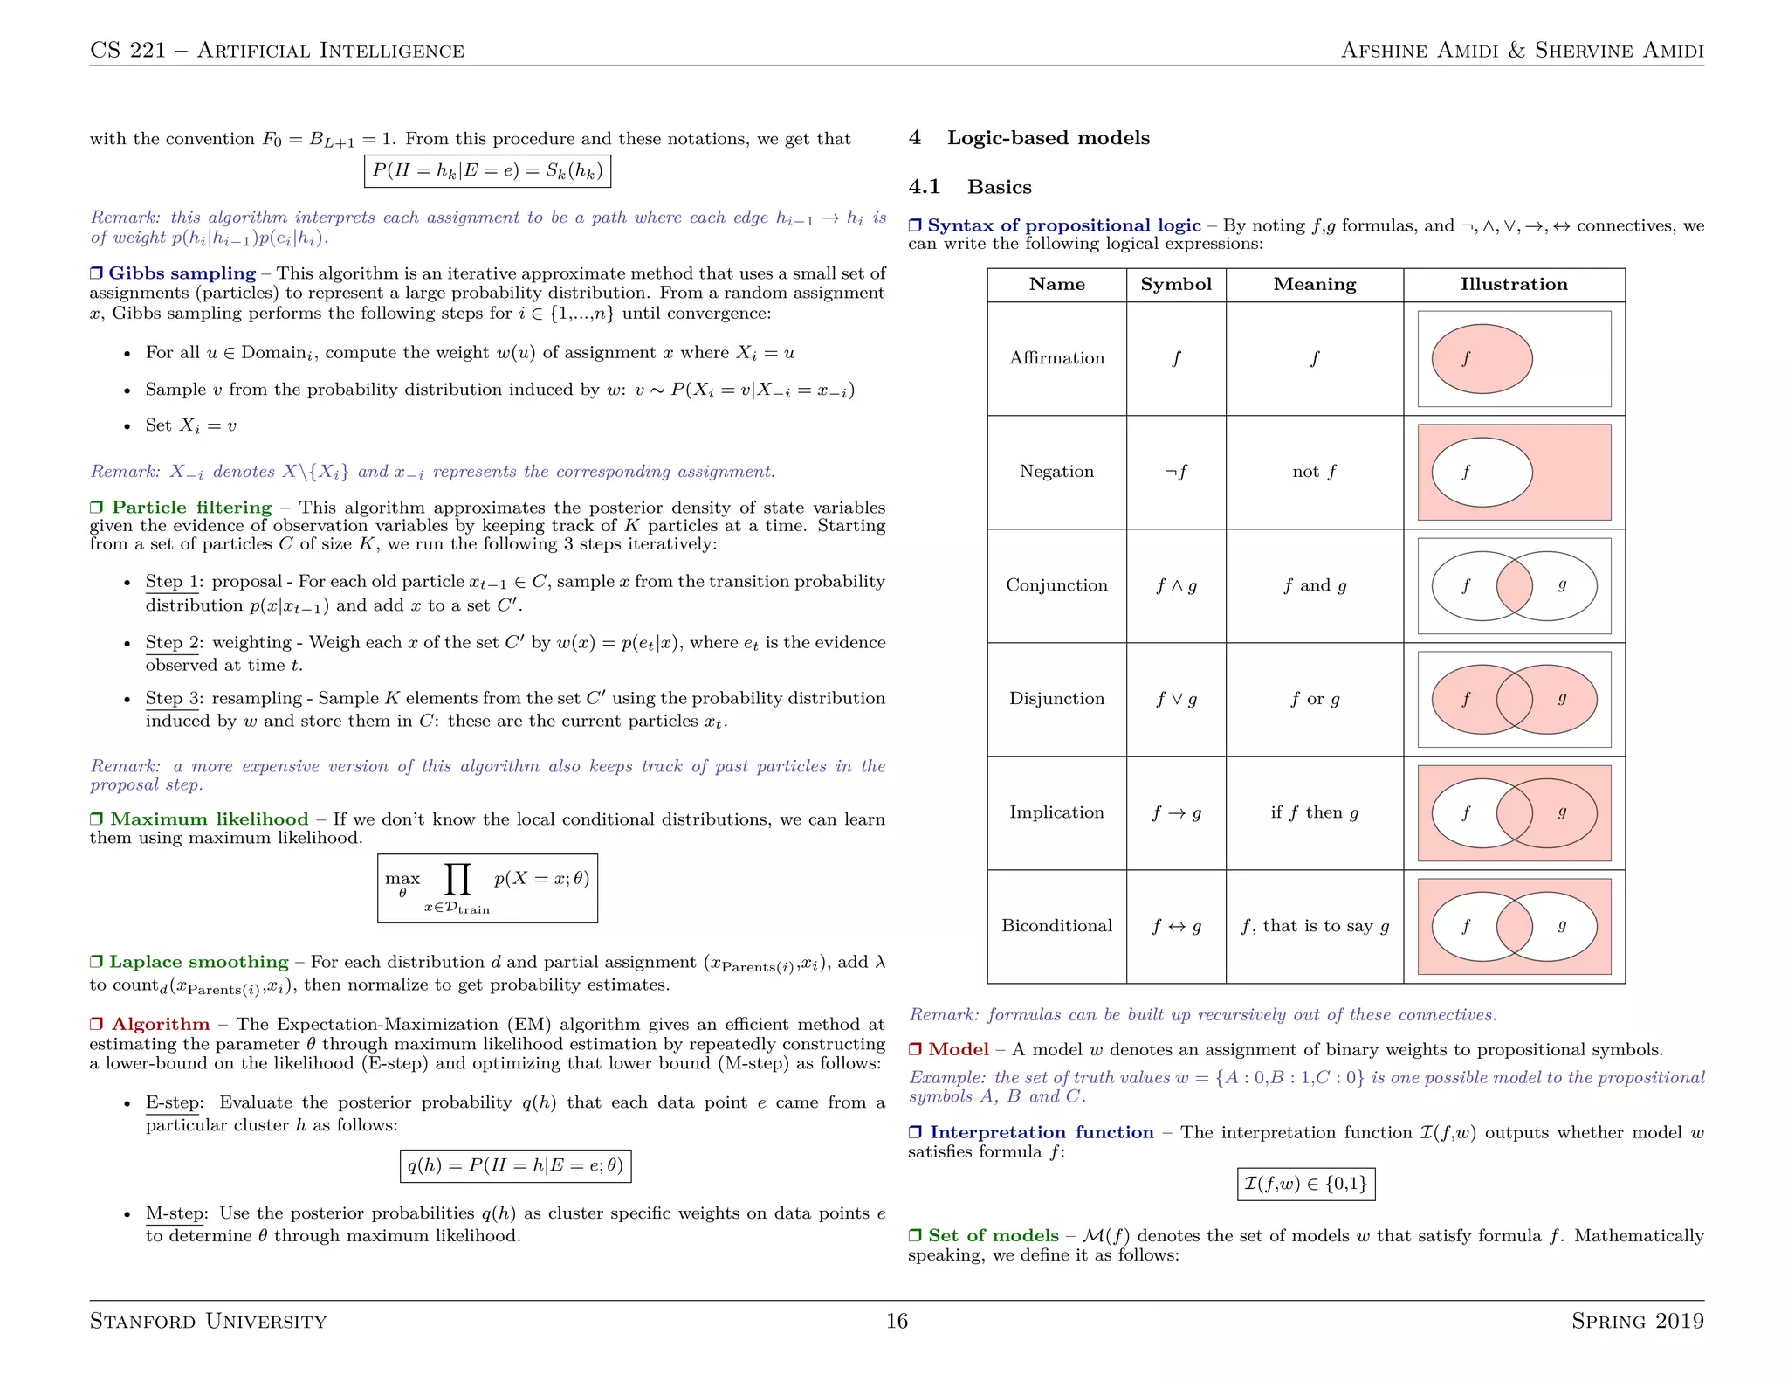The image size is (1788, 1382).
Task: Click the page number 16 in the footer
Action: tap(897, 1321)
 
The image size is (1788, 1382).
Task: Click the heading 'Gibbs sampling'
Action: tap(182, 273)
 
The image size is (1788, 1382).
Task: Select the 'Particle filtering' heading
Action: tap(191, 508)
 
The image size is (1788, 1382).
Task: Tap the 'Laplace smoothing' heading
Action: tap(198, 962)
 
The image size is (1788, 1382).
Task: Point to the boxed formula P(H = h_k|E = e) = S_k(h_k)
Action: tap(487, 170)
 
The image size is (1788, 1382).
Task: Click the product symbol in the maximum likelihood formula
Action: tap(457, 879)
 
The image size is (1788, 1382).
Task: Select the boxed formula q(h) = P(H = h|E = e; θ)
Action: tap(515, 1165)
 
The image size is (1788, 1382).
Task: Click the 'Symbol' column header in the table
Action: tap(1175, 285)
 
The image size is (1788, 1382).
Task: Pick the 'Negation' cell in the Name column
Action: tap(1056, 472)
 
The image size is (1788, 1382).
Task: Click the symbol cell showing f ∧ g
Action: tap(1176, 585)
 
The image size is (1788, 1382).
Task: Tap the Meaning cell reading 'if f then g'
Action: tap(1314, 812)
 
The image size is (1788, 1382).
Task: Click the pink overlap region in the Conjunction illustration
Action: tap(1514, 585)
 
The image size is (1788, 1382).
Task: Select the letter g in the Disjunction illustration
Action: tap(1562, 698)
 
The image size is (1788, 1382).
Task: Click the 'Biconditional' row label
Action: tap(1056, 926)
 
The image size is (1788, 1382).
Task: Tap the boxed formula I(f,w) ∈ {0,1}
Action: tap(1305, 1184)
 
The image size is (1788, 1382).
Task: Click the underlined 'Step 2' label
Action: tap(171, 643)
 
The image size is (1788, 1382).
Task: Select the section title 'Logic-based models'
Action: tap(1048, 138)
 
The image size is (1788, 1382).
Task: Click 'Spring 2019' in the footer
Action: tap(1637, 1321)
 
